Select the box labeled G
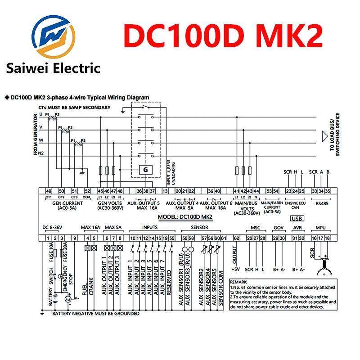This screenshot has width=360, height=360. pos(145,170)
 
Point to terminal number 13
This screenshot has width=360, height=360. pos(165,191)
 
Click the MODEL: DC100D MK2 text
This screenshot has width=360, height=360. pos(185,216)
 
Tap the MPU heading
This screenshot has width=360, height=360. pos(320,228)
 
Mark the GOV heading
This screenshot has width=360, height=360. pos(279,228)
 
